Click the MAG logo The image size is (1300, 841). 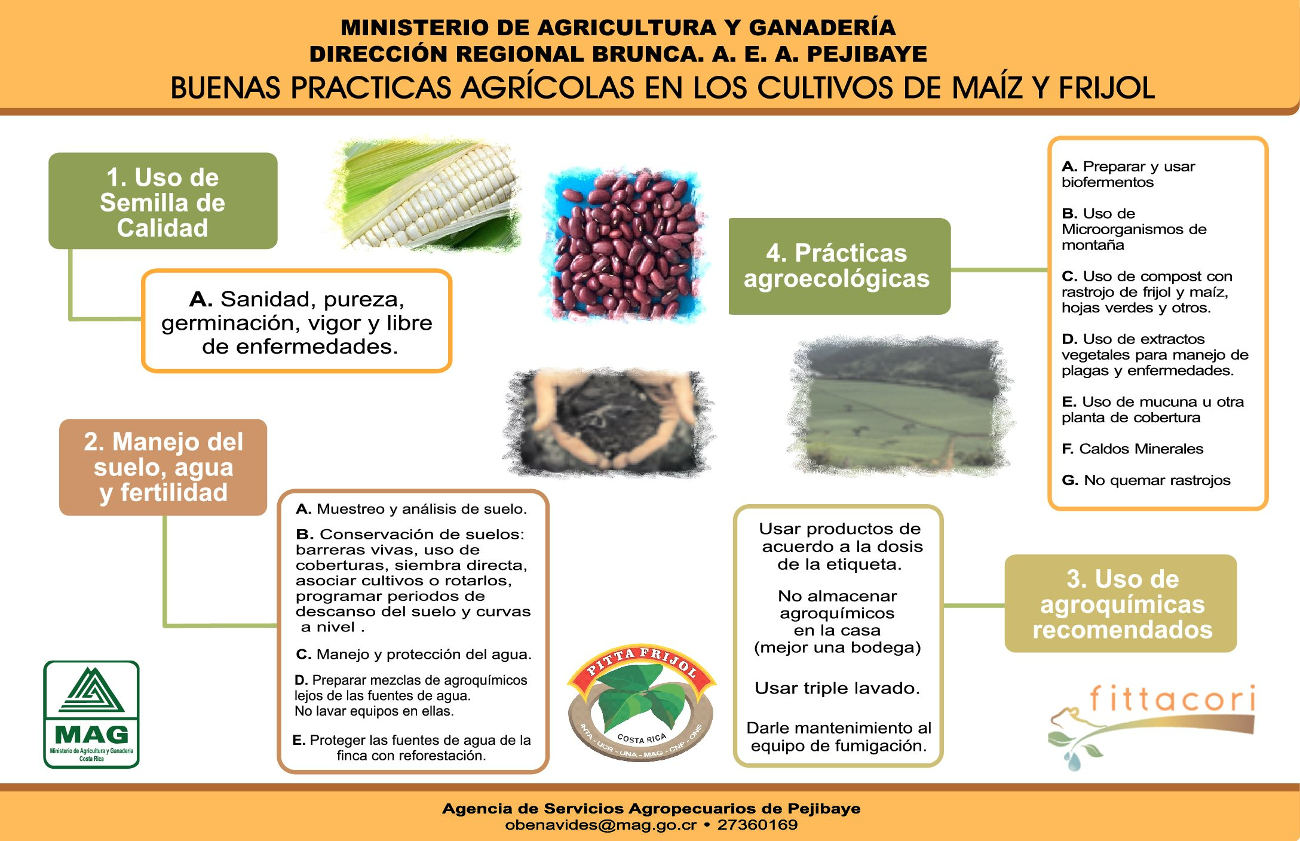(x=91, y=714)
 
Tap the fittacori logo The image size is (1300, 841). (x=1152, y=726)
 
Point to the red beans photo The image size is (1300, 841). (x=624, y=245)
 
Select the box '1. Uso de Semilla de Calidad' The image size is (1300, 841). (x=162, y=201)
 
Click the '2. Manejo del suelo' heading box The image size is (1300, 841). (x=163, y=467)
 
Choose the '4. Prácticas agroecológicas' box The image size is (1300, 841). (x=839, y=266)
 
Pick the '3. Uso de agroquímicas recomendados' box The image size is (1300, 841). (x=1121, y=603)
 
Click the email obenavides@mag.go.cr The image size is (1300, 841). (x=600, y=825)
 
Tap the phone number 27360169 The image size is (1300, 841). (x=757, y=825)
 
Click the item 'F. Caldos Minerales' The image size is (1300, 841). (x=1132, y=449)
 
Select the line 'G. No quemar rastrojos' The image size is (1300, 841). (x=1146, y=480)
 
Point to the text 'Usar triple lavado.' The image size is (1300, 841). (x=837, y=688)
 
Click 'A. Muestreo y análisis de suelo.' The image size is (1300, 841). (x=412, y=509)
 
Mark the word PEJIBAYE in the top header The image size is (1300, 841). (x=867, y=54)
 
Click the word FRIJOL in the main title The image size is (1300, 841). (x=1107, y=88)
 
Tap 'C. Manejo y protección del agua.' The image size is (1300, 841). (x=413, y=654)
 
